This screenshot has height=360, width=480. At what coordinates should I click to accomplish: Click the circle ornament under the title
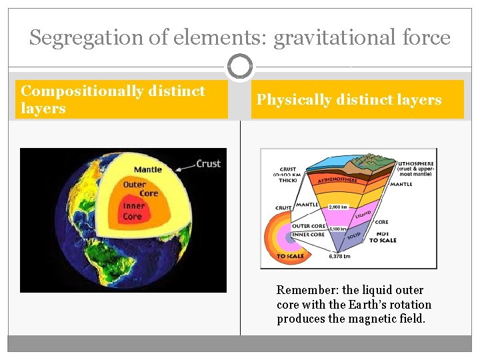(x=239, y=67)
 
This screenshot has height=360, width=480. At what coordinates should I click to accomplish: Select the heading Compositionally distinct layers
(x=113, y=99)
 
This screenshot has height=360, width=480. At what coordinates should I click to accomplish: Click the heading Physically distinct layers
(x=349, y=100)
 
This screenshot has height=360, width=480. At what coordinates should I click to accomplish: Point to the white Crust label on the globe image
(x=209, y=163)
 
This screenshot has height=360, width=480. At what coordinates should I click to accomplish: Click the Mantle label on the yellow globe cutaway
(x=147, y=169)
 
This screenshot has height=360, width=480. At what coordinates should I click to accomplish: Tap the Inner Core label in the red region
(x=133, y=211)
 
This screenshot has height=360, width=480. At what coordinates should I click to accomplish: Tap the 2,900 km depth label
(x=338, y=207)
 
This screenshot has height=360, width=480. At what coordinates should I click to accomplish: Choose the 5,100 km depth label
(x=338, y=229)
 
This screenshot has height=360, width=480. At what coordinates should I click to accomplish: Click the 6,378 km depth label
(x=338, y=255)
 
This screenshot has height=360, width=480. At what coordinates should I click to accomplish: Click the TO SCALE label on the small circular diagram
(x=290, y=256)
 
